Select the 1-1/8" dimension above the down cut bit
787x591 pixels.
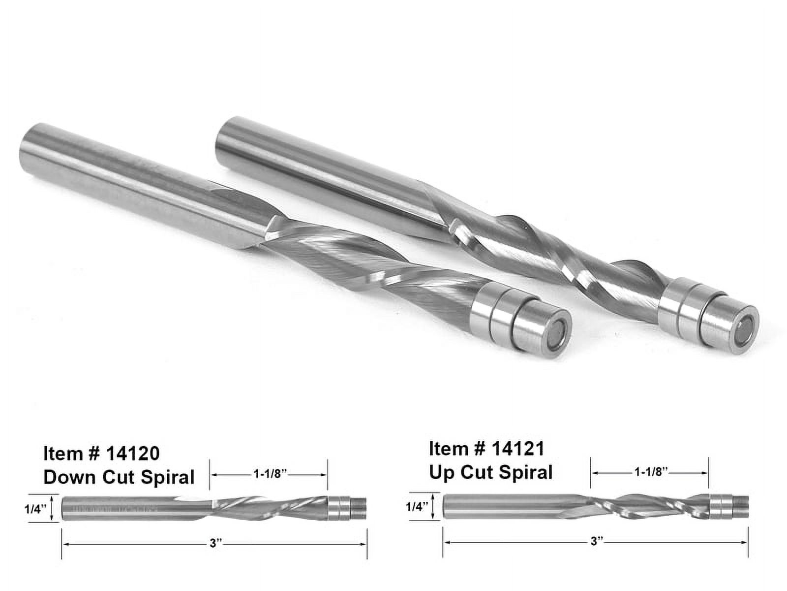coord(269,474)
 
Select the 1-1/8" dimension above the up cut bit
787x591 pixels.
coord(650,472)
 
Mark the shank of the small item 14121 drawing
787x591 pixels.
coord(512,506)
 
